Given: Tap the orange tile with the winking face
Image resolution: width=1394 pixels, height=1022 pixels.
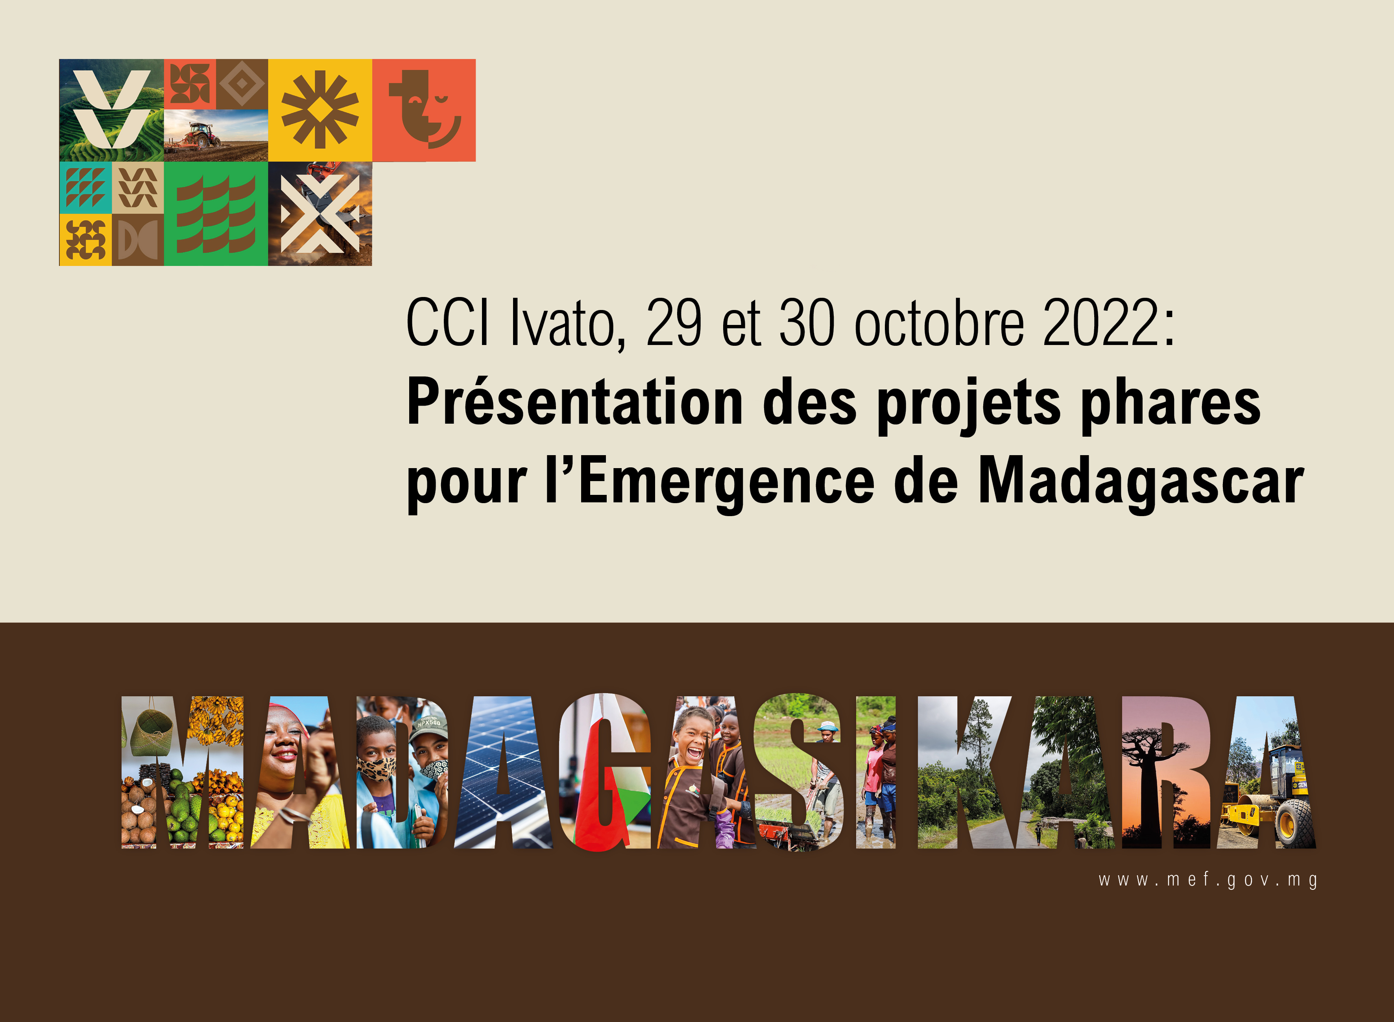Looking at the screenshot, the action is point(424,110).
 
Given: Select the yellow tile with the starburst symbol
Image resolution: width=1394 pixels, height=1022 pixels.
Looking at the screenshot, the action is point(320,110).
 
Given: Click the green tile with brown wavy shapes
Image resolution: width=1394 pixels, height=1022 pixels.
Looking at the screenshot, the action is point(216,214).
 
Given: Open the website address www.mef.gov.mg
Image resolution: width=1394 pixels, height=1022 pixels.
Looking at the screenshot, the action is point(1208,880).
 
